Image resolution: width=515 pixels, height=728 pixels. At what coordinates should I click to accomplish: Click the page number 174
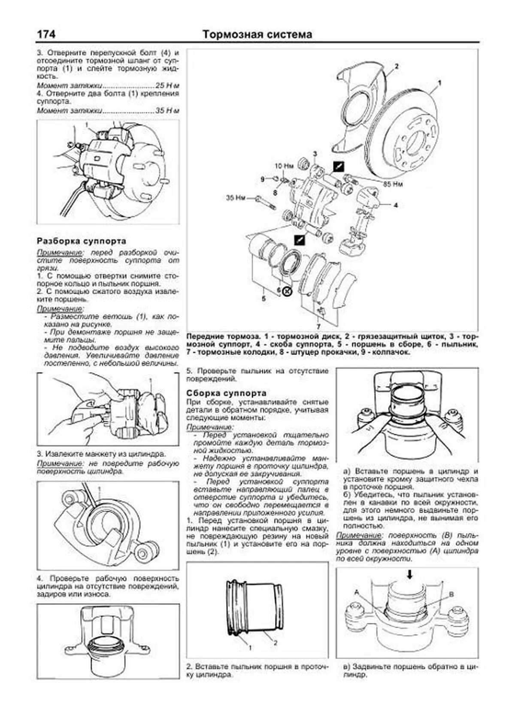point(47,34)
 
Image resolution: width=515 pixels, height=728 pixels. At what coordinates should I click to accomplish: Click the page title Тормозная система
point(257,34)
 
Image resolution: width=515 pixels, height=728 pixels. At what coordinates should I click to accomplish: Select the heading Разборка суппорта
point(82,241)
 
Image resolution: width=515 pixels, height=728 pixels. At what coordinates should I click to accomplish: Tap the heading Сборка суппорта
point(226,393)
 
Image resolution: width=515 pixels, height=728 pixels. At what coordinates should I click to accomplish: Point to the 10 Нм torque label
point(284,166)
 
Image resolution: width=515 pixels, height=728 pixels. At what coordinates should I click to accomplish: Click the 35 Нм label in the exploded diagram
point(236,198)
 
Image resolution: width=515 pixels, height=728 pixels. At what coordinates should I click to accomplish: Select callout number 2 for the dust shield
point(396,66)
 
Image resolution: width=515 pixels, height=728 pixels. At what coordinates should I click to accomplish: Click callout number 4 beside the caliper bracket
point(396,205)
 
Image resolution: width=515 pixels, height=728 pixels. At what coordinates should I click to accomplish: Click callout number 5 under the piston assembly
point(264,298)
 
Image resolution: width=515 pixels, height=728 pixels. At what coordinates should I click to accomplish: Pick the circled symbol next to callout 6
point(287,292)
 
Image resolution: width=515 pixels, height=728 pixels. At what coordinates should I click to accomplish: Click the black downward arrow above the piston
point(410,574)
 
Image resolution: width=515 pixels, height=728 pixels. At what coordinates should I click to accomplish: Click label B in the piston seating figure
point(451,595)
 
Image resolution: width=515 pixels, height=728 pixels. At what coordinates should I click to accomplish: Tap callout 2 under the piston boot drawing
point(275,643)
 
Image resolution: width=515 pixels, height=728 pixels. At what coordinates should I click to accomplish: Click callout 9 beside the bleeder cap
point(263,179)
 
